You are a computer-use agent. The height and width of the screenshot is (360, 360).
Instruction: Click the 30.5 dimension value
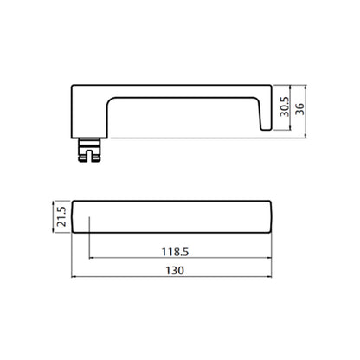coord(285,106)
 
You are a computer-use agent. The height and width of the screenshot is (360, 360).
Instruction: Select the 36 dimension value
coord(299,109)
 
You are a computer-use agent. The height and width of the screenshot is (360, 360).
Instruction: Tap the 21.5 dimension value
coord(61,216)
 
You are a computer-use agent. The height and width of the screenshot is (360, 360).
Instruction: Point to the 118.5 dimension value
coord(175,252)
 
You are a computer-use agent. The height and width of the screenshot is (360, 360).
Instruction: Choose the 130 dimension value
coord(175,271)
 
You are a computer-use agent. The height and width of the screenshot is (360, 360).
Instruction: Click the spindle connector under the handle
coord(90,150)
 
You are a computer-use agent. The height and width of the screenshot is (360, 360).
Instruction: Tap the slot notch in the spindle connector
coord(90,155)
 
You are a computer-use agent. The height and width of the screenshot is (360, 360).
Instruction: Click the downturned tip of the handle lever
coord(267,128)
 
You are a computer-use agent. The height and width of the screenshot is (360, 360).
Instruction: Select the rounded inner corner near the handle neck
coord(112,102)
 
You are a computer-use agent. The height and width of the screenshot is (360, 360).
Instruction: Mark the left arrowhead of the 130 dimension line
coord(73,277)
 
